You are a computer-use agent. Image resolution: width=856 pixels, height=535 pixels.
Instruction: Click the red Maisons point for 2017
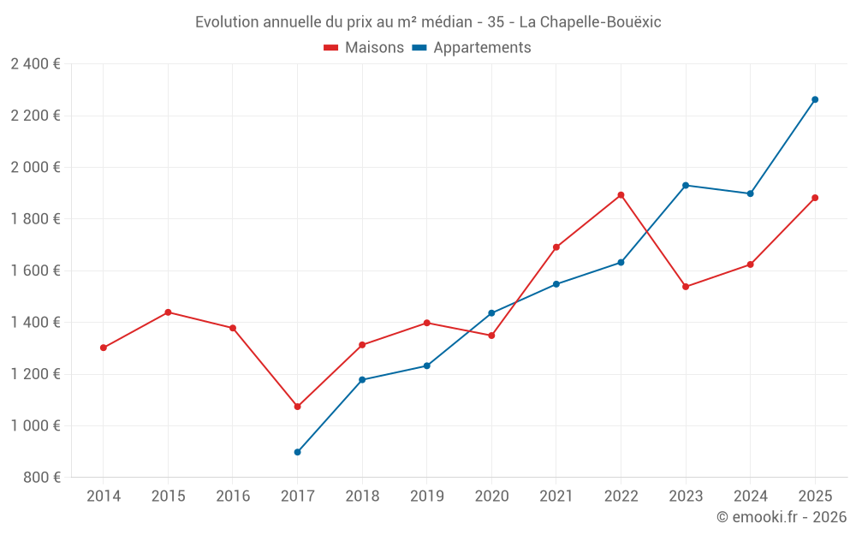pyautogui.click(x=297, y=407)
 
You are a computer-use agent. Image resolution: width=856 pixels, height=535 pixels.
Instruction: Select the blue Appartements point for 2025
pyautogui.click(x=815, y=99)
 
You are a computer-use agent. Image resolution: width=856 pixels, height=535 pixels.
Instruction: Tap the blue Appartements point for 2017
pyautogui.click(x=297, y=452)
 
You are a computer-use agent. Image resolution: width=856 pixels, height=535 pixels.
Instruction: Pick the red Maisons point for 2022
pyautogui.click(x=621, y=195)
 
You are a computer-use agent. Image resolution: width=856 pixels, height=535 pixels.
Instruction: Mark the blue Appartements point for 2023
pyautogui.click(x=686, y=185)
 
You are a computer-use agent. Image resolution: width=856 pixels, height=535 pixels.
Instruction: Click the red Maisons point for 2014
pyautogui.click(x=103, y=348)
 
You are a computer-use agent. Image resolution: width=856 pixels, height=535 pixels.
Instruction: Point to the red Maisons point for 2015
pyautogui.click(x=168, y=312)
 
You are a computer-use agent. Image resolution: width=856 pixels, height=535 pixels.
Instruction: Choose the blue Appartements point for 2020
pyautogui.click(x=491, y=313)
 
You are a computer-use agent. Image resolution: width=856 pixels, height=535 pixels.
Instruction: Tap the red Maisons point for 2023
pyautogui.click(x=686, y=287)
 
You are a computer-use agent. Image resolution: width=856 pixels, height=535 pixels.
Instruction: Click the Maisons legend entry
pyautogui.click(x=364, y=48)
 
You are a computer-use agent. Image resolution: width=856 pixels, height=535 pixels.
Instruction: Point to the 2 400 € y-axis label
pyautogui.click(x=35, y=64)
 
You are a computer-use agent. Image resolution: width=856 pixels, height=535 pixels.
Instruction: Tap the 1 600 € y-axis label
pyautogui.click(x=35, y=270)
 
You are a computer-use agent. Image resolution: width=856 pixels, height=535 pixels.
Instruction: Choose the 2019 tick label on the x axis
pyautogui.click(x=426, y=496)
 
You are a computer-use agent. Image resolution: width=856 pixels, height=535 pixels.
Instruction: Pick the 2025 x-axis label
pyautogui.click(x=815, y=496)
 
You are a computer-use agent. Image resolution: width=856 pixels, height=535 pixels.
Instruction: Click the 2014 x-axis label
pyautogui.click(x=103, y=496)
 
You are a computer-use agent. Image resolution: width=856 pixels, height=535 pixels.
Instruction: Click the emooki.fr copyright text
pyautogui.click(x=781, y=517)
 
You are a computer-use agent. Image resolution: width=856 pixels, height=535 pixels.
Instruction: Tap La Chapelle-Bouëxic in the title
pyautogui.click(x=591, y=22)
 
